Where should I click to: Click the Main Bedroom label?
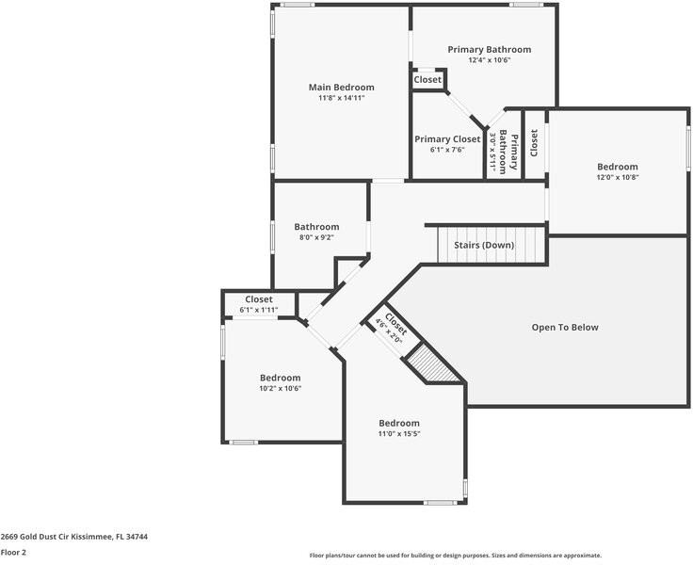(341, 88)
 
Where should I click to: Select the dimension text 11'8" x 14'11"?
(341, 98)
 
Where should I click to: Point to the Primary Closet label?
(447, 139)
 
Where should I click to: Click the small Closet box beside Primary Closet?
(427, 80)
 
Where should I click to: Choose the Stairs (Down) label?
(484, 245)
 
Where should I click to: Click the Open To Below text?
(565, 328)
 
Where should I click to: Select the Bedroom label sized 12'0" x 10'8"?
(617, 167)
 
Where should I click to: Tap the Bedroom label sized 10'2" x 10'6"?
(281, 378)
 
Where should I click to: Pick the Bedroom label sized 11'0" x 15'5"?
(399, 423)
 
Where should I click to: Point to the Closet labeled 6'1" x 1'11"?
(259, 304)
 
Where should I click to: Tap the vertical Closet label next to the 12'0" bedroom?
(534, 142)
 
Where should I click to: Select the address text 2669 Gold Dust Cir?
(73, 537)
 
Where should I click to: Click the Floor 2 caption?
(13, 553)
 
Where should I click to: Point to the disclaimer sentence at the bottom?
(455, 556)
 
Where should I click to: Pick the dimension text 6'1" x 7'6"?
(447, 149)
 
